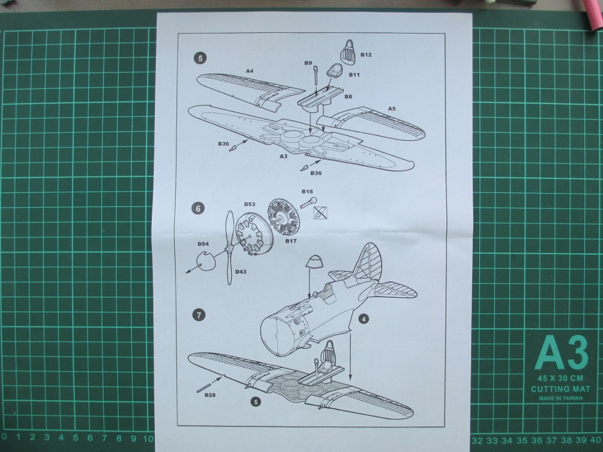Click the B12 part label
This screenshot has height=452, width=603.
[366, 55]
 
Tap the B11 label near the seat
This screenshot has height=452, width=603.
[354, 75]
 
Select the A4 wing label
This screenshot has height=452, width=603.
[250, 71]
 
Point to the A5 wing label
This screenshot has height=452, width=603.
[392, 108]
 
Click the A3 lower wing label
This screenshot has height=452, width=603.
[283, 156]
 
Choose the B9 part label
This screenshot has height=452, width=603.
[308, 62]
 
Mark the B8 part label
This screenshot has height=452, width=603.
[348, 96]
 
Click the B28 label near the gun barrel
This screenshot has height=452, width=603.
[210, 394]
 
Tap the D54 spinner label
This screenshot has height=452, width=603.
[203, 244]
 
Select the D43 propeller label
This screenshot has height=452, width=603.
[240, 271]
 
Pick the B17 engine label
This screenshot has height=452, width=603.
[290, 240]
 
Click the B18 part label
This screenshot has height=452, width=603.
[307, 192]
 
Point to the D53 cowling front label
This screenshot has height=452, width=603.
[249, 204]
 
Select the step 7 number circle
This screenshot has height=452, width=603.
[199, 315]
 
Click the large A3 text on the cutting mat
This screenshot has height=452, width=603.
[561, 353]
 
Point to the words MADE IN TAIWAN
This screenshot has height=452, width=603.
[561, 398]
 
